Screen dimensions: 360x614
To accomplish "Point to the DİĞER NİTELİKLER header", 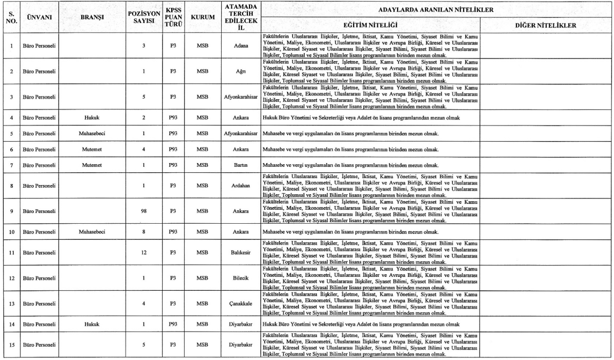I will pos(545,25).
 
